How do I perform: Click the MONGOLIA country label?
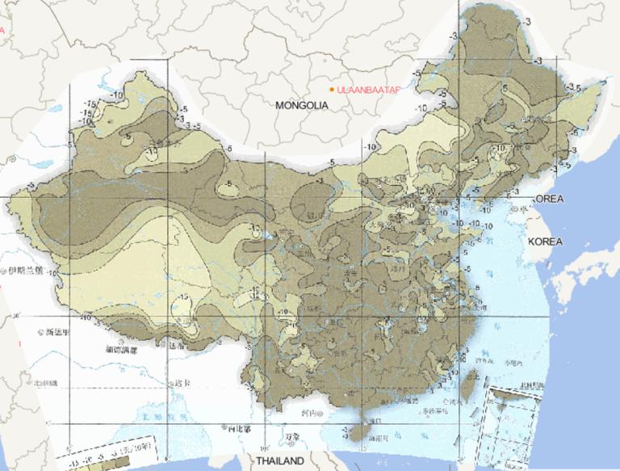pos(301,106)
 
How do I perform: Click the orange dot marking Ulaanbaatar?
pos(332,89)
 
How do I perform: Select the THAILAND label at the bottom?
pos(280,460)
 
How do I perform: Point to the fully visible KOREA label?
pos(545,242)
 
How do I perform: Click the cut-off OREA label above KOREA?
pos(549,199)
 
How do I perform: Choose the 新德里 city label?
pos(57,332)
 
